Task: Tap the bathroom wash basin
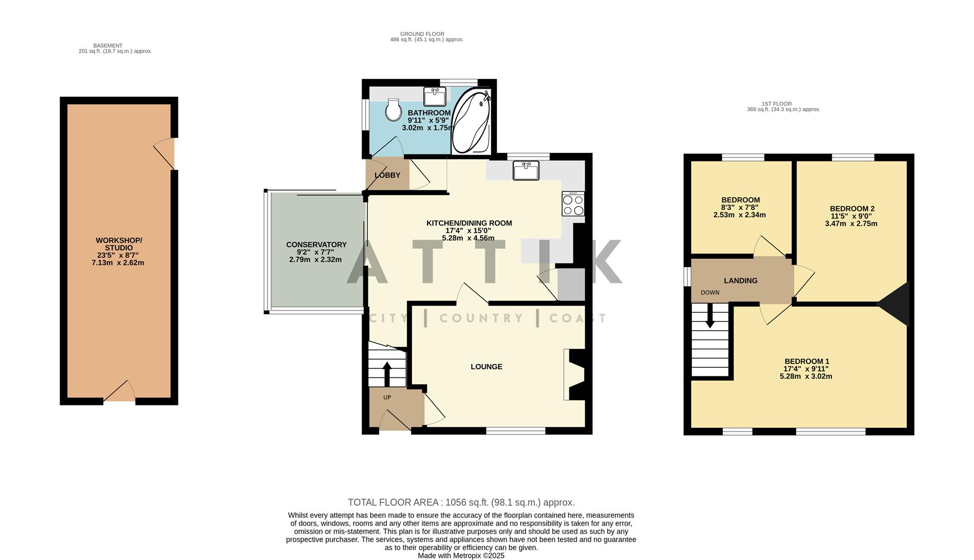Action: click(434, 96)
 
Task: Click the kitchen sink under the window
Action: click(526, 170)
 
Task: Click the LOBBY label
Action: click(387, 175)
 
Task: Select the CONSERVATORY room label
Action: click(316, 245)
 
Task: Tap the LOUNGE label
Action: click(486, 367)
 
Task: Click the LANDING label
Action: click(740, 281)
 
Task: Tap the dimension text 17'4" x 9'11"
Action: click(806, 369)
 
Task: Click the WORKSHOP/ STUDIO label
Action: click(118, 244)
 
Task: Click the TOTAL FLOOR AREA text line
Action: click(461, 502)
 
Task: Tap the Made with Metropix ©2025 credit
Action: click(461, 555)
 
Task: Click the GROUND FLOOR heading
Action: click(422, 34)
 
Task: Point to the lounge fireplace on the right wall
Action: click(575, 374)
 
